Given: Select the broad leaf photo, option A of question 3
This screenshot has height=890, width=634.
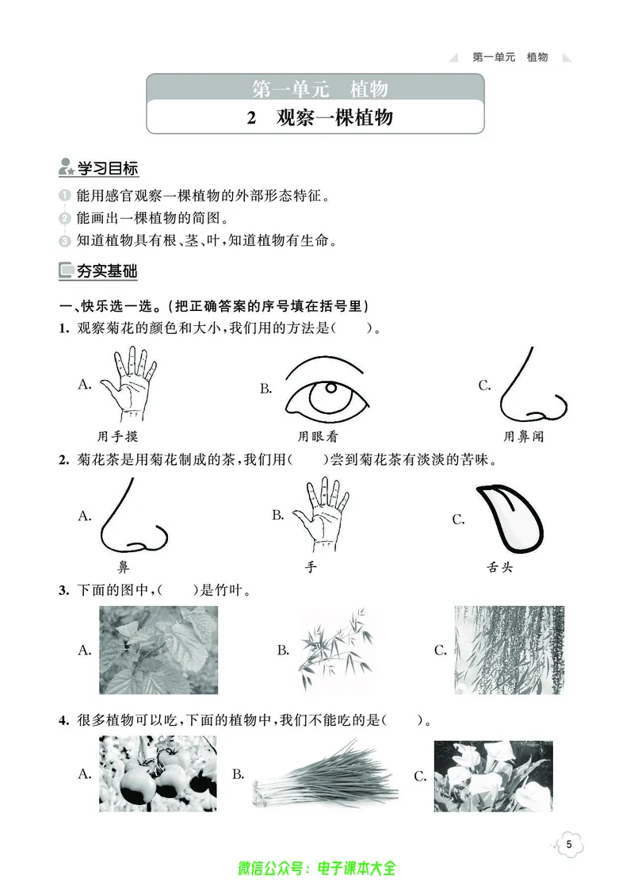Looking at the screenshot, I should [158, 650].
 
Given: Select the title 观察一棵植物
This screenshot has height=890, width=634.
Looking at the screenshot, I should [334, 118].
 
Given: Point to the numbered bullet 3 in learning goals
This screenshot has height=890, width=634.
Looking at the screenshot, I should [64, 240].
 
